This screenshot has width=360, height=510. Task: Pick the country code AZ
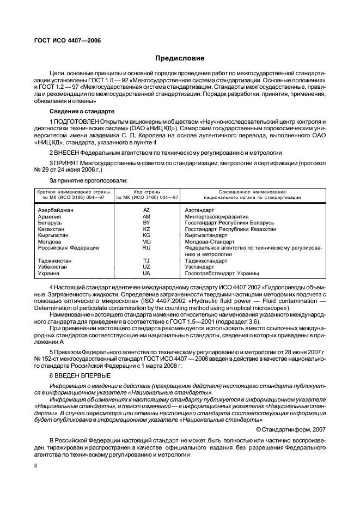click(x=147, y=210)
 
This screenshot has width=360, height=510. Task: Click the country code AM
click(x=147, y=216)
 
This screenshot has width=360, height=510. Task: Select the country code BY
click(x=147, y=223)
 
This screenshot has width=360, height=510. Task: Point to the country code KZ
click(x=147, y=229)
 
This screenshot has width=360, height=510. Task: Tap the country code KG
click(x=147, y=235)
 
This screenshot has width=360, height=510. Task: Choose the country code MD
click(x=147, y=242)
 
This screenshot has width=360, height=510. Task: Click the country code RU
click(x=147, y=248)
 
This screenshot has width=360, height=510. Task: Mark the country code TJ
click(x=147, y=261)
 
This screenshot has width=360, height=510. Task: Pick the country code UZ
click(x=147, y=267)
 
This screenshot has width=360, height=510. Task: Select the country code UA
click(x=147, y=274)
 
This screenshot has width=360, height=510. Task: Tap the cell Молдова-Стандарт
click(x=210, y=242)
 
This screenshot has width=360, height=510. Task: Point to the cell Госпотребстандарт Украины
click(x=222, y=274)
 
